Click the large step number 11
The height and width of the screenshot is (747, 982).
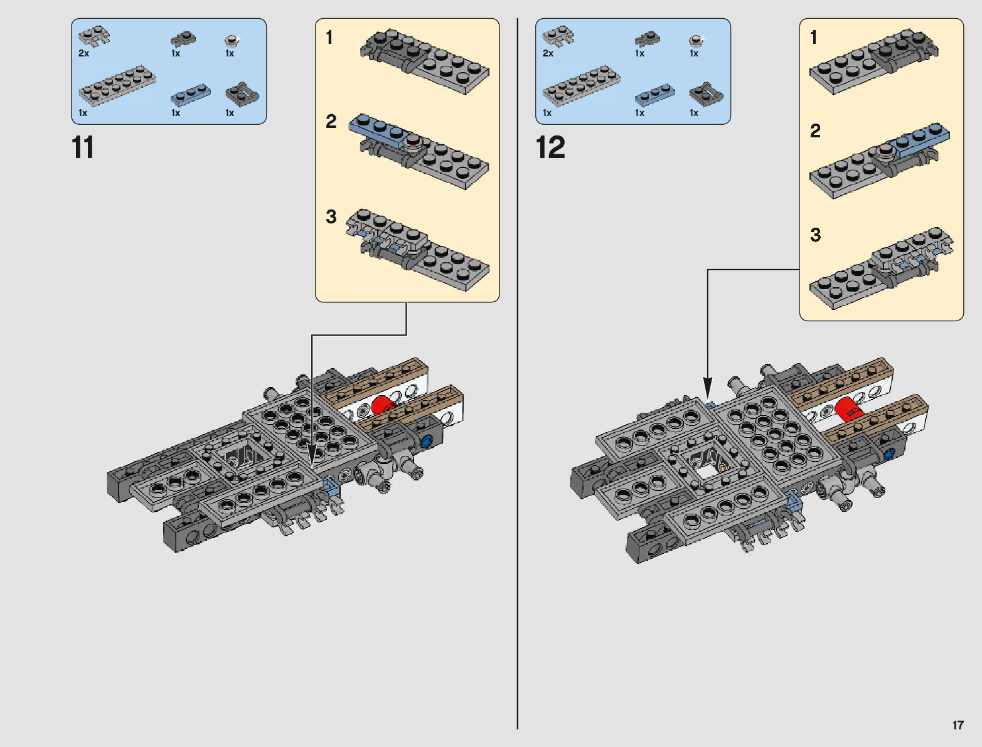83,148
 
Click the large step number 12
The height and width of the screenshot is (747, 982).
550,148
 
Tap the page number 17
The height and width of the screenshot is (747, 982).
958,725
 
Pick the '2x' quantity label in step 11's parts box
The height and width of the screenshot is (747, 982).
83,53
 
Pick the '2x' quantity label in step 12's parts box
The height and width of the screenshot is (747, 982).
548,53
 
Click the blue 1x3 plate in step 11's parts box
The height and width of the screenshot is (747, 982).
191,93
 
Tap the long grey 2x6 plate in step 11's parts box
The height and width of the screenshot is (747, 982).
117,84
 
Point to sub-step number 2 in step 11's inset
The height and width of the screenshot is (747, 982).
331,121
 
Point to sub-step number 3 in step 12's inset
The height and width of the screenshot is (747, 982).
815,235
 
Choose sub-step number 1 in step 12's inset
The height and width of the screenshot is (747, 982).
814,38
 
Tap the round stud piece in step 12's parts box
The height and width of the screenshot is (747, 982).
695,41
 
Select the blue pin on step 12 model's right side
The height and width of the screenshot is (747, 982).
889,454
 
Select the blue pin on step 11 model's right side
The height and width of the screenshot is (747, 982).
427,441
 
